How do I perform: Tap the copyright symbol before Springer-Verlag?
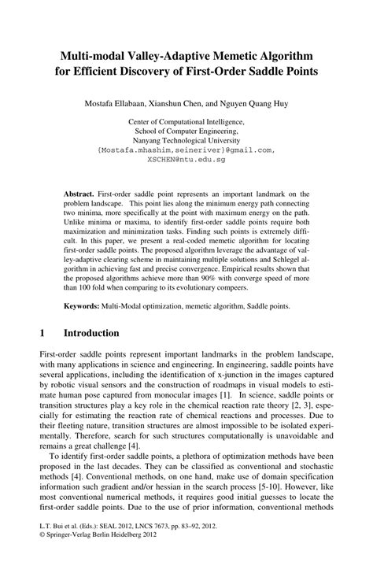point(42,552)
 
